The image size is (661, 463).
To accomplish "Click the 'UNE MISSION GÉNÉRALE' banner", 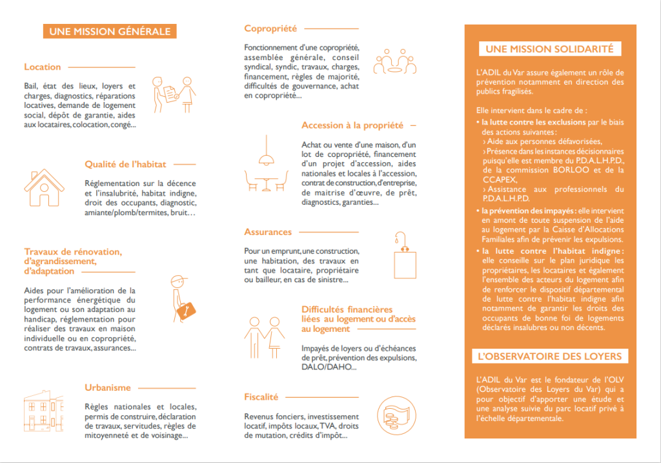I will pos(110,31).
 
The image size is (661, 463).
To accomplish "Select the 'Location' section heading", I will pos(43,67).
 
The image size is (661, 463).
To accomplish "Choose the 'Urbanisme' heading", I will pos(108,388).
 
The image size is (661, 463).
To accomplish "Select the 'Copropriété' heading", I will pos(270,28).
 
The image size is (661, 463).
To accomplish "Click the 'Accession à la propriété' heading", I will pos(352,125).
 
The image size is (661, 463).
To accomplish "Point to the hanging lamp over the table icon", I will pos(264,155).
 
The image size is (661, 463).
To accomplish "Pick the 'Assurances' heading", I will pos(268,232).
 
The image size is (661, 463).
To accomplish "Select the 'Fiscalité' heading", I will pos(261,397).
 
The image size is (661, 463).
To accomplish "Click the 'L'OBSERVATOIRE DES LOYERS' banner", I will pos(550,356).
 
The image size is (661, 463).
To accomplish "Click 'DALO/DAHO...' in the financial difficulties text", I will pos(329,367).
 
